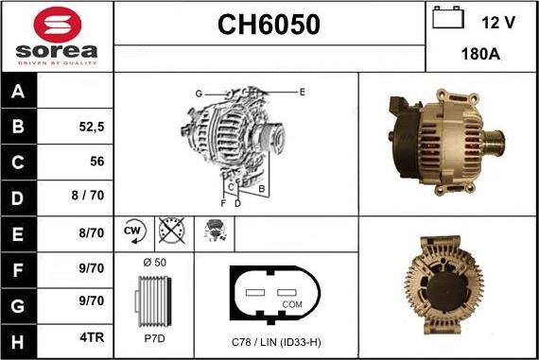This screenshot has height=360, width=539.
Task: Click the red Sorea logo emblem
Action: click(x=58, y=25)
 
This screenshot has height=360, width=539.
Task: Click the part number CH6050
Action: click(x=269, y=25)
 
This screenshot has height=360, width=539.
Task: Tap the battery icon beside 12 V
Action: click(x=448, y=17)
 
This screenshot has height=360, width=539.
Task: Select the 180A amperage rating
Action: click(x=480, y=54)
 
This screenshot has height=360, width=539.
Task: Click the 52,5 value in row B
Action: click(x=92, y=127)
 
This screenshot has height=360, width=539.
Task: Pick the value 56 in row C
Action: click(x=97, y=162)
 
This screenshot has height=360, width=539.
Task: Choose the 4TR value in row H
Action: click(x=92, y=337)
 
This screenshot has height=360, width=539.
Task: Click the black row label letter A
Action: click(x=18, y=92)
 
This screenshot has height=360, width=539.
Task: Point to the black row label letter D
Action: click(x=17, y=198)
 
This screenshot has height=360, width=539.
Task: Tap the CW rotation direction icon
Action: click(x=134, y=231)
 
